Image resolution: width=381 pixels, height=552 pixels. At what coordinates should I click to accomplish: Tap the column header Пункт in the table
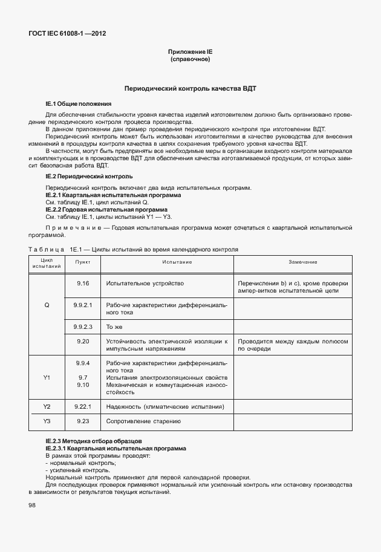[x=83, y=262]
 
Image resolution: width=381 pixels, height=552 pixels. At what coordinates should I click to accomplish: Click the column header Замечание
[x=293, y=262]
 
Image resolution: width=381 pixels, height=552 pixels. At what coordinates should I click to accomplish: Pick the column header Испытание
[x=177, y=262]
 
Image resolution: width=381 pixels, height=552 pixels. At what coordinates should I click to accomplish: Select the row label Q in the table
[x=47, y=305]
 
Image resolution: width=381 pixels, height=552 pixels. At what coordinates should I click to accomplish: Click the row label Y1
[x=47, y=377]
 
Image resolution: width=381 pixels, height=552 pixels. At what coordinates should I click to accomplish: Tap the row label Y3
[x=47, y=421]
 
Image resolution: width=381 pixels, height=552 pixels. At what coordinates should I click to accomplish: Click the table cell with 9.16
[x=83, y=283]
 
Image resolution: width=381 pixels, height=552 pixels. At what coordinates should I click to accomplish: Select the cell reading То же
[x=114, y=326]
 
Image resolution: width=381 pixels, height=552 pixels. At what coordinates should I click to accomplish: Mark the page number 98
[x=31, y=505]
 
